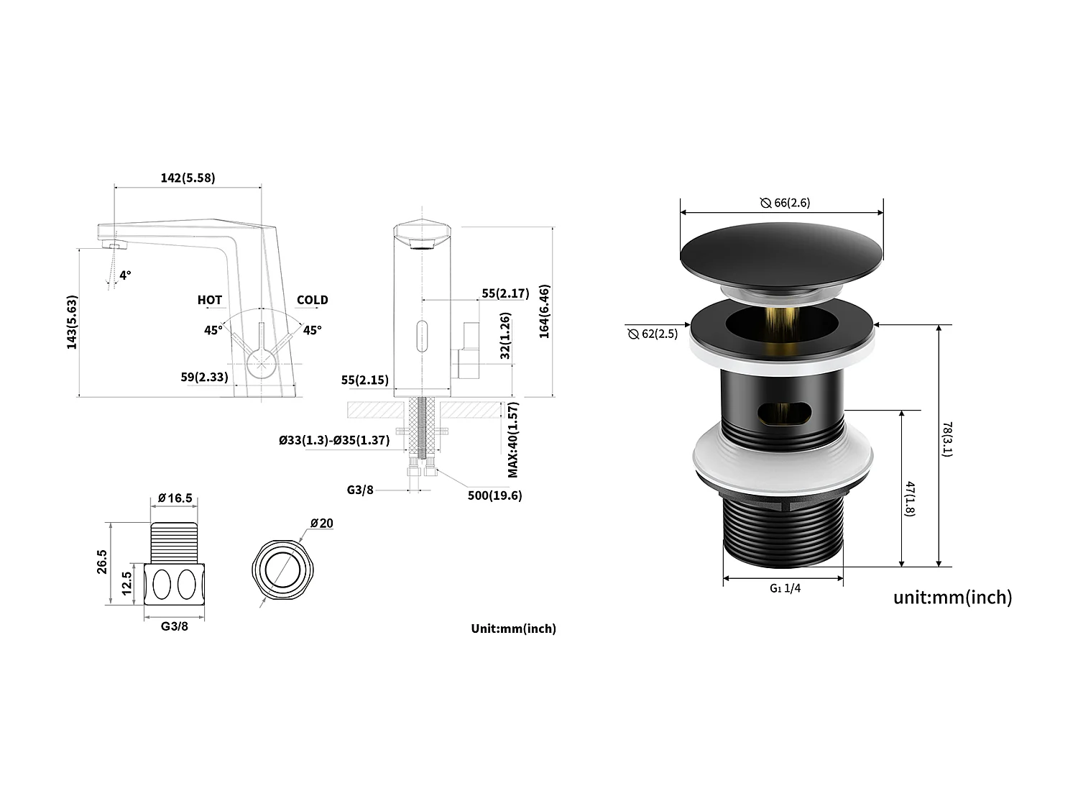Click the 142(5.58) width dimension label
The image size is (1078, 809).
(187, 178)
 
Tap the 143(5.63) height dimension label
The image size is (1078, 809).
(72, 322)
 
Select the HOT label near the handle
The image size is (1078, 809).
(210, 300)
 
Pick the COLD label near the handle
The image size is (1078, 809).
(312, 300)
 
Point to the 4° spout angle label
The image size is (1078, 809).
(126, 275)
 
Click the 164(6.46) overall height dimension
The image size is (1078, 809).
(544, 311)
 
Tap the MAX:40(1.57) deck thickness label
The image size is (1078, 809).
(513, 439)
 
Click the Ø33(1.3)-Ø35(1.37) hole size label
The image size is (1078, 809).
(334, 440)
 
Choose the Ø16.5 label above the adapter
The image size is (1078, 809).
(175, 498)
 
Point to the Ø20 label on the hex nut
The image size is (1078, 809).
(321, 523)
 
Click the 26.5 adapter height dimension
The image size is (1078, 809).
(102, 562)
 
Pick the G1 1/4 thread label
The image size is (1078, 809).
(785, 588)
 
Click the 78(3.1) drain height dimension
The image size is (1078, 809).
(947, 439)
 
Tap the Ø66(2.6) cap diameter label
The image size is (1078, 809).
(785, 203)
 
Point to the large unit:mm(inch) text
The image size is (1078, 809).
(952, 597)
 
